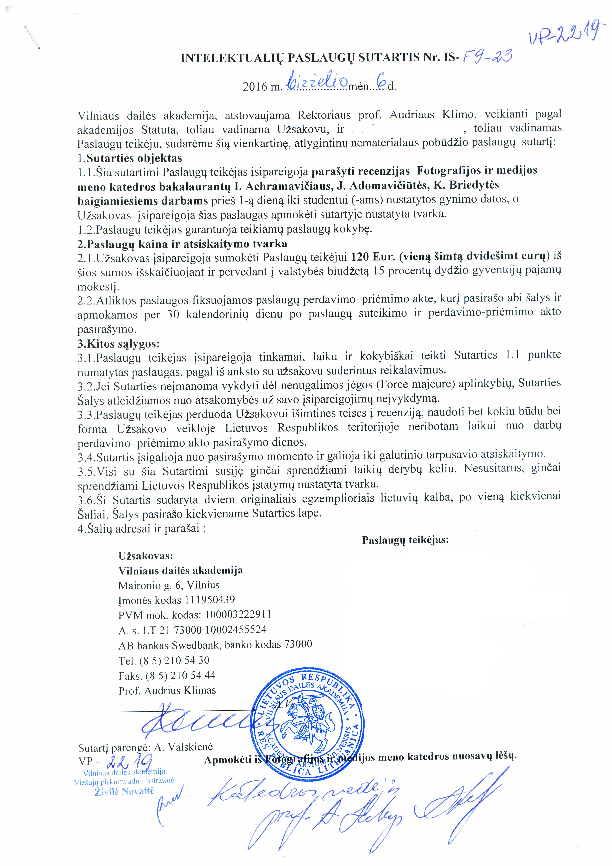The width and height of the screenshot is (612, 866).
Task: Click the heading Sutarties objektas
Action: [x=134, y=158]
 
